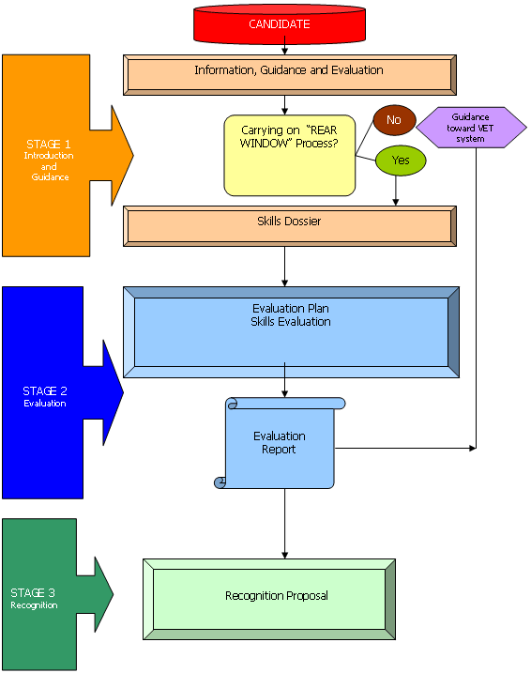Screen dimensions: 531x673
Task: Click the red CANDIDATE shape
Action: point(280,24)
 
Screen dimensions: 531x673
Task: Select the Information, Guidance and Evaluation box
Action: point(290,75)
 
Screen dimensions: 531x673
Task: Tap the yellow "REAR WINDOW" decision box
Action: point(290,156)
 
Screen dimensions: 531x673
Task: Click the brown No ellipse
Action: point(394,120)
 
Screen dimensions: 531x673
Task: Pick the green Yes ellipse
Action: point(401,161)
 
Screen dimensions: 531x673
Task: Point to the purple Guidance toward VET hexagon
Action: point(471,128)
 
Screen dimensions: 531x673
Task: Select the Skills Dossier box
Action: point(290,226)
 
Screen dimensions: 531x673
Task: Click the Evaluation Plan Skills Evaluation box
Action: point(291,332)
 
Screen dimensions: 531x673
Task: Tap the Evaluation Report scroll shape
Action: point(280,443)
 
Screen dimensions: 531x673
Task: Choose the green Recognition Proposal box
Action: point(269,599)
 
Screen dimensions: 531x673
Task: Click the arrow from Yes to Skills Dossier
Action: point(396,191)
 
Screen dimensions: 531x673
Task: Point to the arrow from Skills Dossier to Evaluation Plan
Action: point(285,267)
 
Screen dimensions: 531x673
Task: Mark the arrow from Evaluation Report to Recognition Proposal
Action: point(285,524)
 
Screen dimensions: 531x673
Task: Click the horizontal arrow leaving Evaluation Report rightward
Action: point(405,448)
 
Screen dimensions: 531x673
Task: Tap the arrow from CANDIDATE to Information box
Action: point(285,45)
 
